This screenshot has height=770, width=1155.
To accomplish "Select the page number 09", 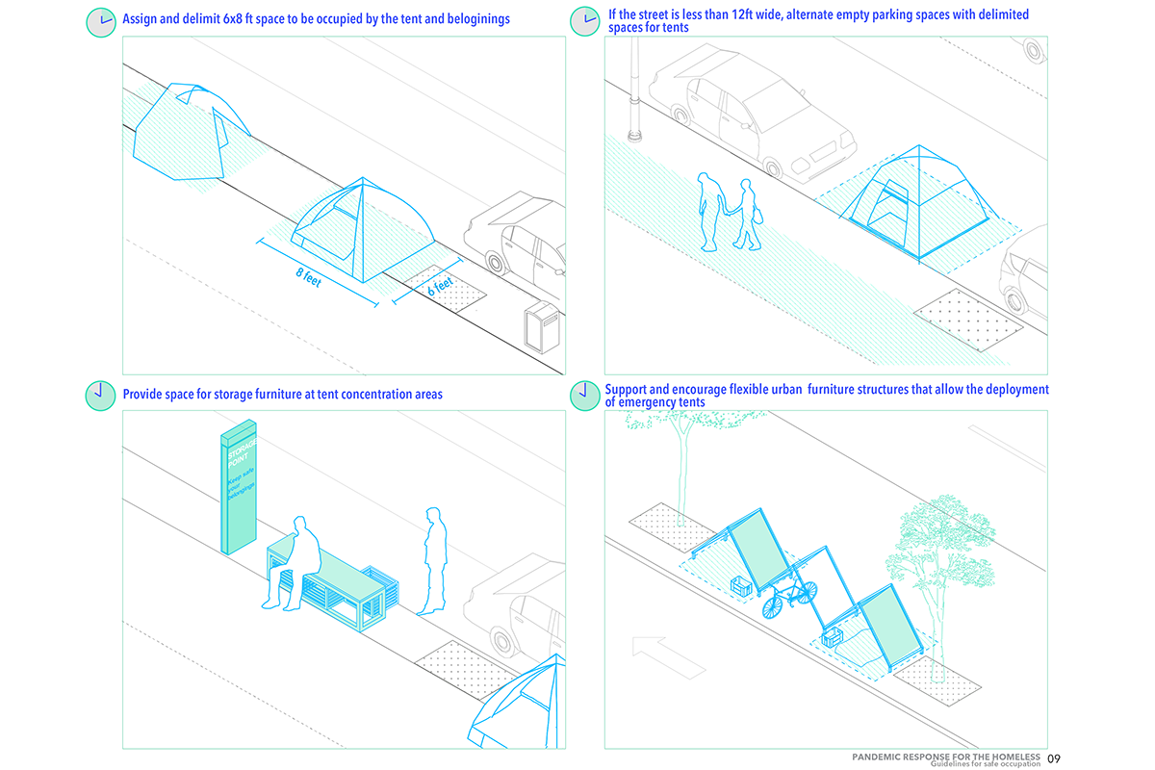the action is tap(1054, 758).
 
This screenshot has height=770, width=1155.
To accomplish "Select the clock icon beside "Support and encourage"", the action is tap(582, 393).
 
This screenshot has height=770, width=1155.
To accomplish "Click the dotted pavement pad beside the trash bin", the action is tap(449, 286).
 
